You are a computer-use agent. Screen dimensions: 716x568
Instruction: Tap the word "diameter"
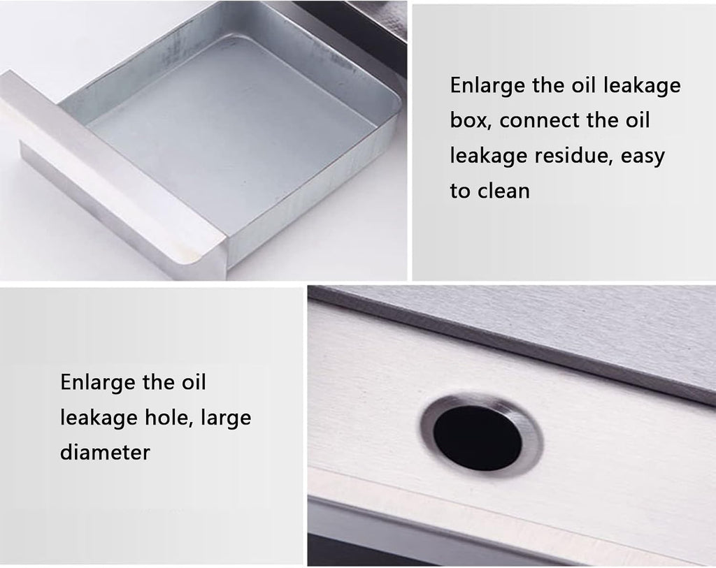click(105, 452)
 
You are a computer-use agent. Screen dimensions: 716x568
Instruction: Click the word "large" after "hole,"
click(226, 418)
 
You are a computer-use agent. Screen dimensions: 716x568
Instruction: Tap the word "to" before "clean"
click(460, 191)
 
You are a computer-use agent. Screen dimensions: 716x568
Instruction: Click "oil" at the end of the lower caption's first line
click(194, 383)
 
